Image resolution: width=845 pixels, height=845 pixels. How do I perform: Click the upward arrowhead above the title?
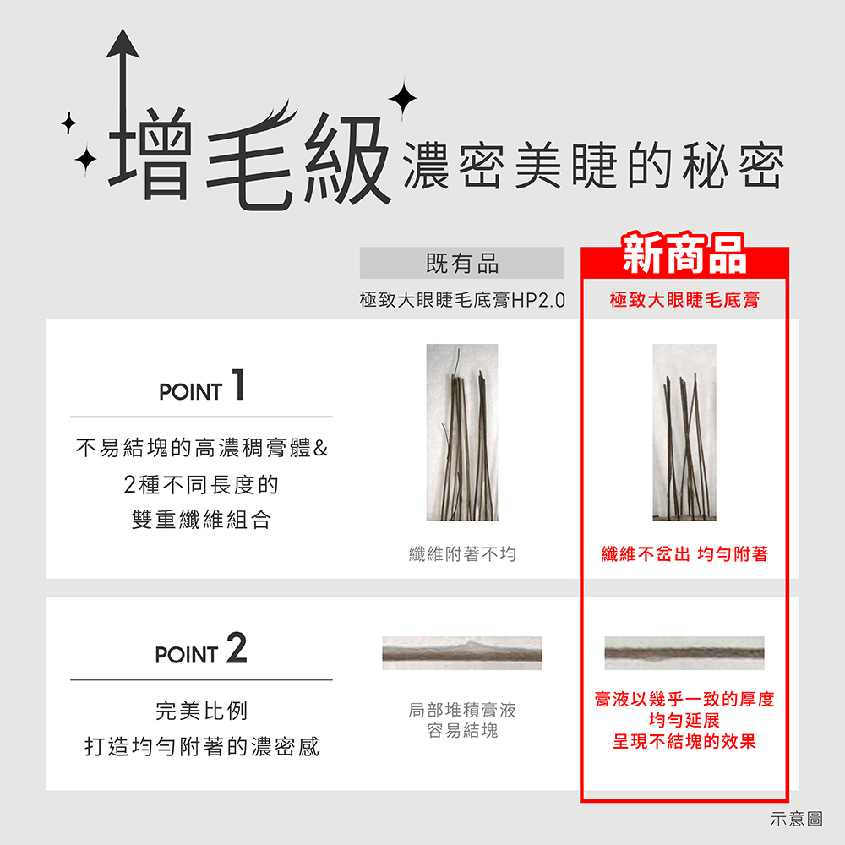click(x=123, y=44)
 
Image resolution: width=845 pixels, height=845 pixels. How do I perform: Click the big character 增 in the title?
click(x=150, y=154)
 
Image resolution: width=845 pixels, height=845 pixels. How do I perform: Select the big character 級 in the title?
click(x=347, y=159)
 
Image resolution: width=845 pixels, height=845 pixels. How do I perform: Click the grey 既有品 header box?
click(x=462, y=263)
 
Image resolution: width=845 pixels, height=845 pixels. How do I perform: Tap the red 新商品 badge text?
click(x=684, y=253)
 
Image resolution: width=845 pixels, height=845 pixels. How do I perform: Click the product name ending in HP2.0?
click(x=462, y=300)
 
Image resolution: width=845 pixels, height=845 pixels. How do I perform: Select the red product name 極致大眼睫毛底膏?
click(x=684, y=300)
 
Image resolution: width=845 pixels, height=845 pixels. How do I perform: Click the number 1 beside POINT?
click(x=238, y=384)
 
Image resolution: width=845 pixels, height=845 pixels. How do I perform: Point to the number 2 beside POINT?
click(x=237, y=648)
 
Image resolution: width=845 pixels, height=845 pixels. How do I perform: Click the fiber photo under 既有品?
click(x=462, y=432)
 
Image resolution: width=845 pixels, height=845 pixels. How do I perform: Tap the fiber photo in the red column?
click(x=684, y=432)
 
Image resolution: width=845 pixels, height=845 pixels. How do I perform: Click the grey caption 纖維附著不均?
click(x=462, y=554)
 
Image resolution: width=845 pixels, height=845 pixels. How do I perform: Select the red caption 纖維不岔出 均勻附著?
click(x=684, y=554)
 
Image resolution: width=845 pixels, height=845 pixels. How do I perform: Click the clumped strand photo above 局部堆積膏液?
click(x=462, y=653)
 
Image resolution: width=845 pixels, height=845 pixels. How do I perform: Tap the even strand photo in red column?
click(x=684, y=653)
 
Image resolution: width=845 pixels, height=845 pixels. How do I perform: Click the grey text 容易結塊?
click(x=462, y=731)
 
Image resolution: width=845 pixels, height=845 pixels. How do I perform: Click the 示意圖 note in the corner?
click(x=797, y=819)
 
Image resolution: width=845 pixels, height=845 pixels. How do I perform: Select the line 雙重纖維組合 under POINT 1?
click(x=202, y=520)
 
